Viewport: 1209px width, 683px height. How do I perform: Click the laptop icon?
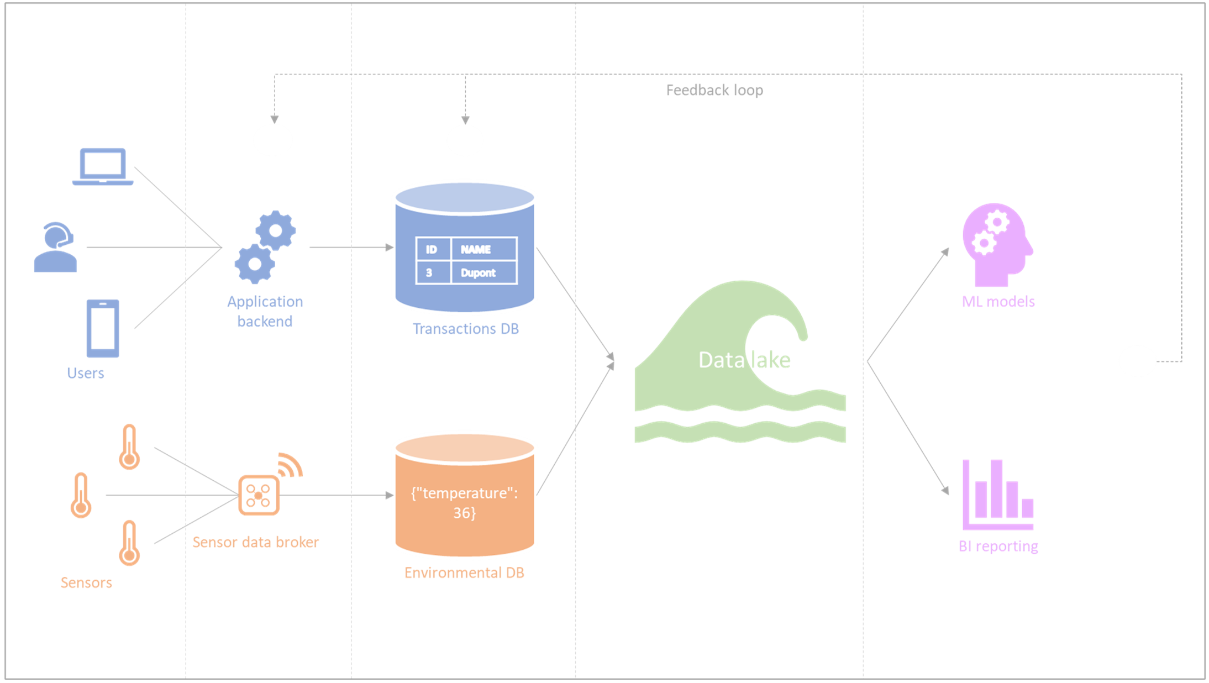103,166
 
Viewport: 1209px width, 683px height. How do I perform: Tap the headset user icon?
55,247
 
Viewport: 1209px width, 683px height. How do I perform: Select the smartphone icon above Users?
103,328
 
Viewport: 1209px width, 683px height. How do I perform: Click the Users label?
86,373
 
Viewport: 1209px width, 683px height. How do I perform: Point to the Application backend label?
265,311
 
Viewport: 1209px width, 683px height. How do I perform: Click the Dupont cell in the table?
479,272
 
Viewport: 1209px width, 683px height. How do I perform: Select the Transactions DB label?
466,329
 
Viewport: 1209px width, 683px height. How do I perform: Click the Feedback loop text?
714,90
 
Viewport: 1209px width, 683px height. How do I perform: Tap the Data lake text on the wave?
744,360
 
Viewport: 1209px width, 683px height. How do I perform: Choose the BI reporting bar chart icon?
998,495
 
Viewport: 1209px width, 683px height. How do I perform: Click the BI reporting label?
998,546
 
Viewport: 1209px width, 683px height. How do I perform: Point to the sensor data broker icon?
259,495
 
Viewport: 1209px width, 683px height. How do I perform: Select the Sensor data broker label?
256,542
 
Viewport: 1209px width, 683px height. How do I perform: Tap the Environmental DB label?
464,572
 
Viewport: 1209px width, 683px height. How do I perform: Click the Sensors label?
86,582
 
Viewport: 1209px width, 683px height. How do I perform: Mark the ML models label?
998,302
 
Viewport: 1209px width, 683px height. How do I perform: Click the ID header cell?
432,249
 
